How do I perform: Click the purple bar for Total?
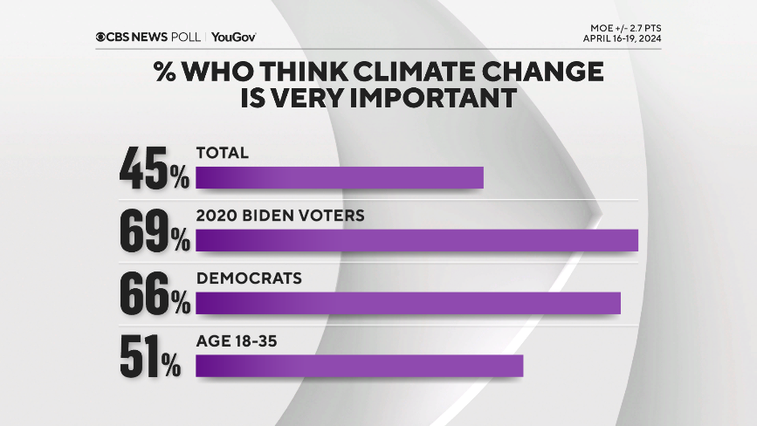click(x=340, y=177)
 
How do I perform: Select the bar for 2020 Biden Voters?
click(x=416, y=240)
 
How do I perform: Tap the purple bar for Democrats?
click(x=408, y=302)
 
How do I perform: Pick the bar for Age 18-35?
click(x=359, y=365)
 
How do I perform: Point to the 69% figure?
click(x=155, y=230)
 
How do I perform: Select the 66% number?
click(x=155, y=293)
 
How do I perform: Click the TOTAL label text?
click(x=223, y=152)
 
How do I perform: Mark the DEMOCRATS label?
click(x=249, y=278)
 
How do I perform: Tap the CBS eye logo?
click(x=101, y=37)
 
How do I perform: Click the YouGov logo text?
click(x=233, y=37)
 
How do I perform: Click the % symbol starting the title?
click(x=166, y=72)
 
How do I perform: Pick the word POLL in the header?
click(x=187, y=37)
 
